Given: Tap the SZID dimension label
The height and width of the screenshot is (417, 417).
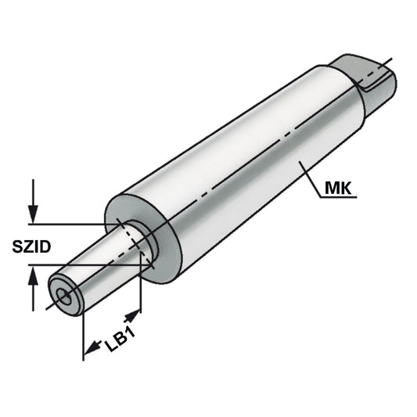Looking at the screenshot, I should (31, 248).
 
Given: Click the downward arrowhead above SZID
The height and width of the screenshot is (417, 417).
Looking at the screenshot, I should (32, 214).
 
